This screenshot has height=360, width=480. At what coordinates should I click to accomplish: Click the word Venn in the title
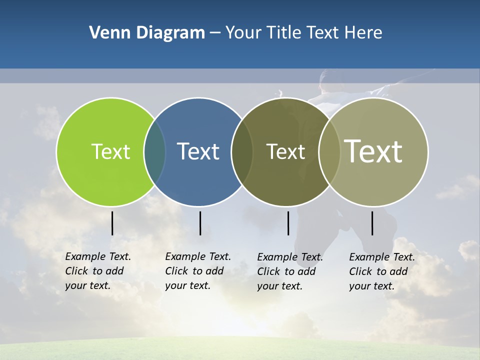(x=106, y=32)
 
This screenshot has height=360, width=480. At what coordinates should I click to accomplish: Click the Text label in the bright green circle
(x=110, y=151)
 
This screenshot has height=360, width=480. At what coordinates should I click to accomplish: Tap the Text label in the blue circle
(x=198, y=151)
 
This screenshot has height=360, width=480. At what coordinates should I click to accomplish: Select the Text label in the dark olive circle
(x=285, y=151)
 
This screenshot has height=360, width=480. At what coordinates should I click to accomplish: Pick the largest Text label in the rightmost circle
(x=373, y=151)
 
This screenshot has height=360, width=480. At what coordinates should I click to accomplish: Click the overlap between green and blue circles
(x=155, y=151)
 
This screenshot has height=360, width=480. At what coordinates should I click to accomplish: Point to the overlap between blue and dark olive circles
(x=242, y=151)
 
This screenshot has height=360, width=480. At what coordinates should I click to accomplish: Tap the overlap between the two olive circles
(x=329, y=151)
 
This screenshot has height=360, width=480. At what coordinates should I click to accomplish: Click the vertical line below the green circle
(x=112, y=223)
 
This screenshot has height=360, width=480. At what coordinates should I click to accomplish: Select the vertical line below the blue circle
(x=200, y=223)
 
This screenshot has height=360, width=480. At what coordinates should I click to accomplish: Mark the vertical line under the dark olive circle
(x=288, y=223)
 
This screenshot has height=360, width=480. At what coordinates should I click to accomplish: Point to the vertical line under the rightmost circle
(x=372, y=223)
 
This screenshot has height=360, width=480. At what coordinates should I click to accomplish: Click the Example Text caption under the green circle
(x=98, y=271)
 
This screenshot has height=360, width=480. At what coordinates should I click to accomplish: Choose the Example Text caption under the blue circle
(x=198, y=271)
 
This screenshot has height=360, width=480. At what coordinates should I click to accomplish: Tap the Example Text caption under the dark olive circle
(x=290, y=271)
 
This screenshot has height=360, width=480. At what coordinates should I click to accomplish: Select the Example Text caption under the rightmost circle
(x=382, y=271)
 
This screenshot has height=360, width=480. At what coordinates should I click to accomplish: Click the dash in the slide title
(x=215, y=33)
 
